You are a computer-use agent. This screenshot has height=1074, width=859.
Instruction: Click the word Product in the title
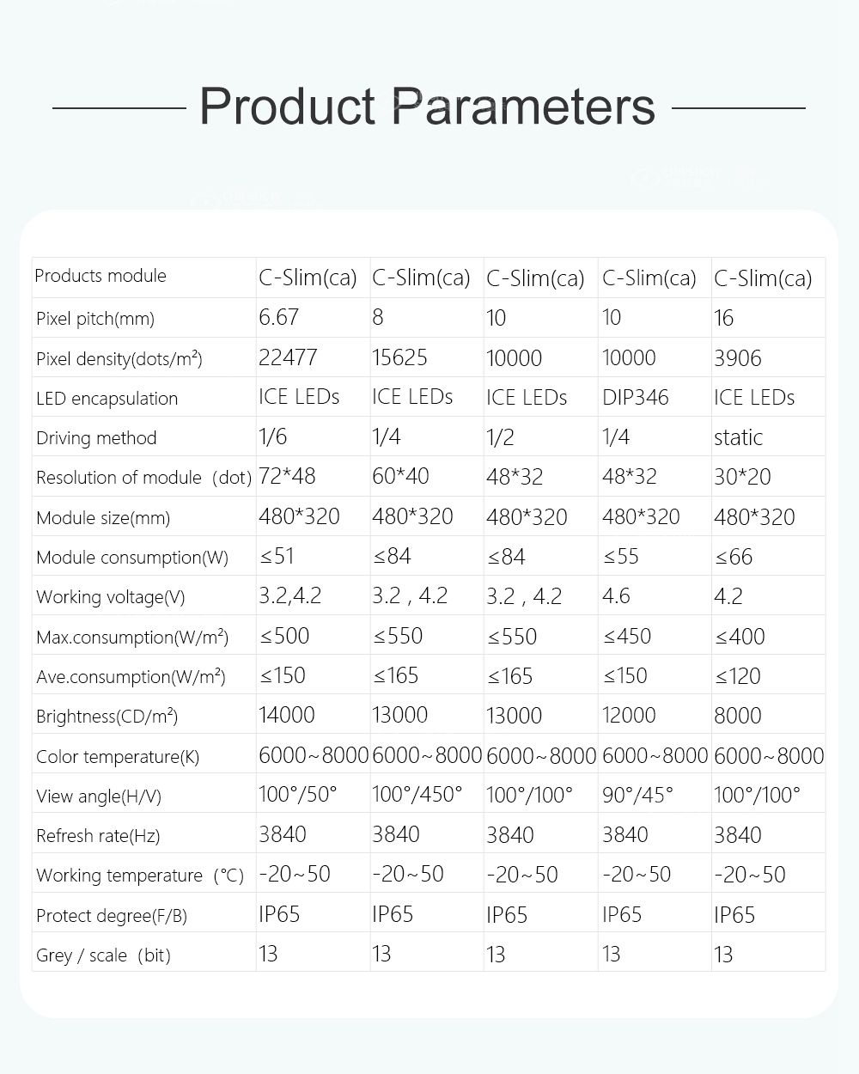(x=287, y=107)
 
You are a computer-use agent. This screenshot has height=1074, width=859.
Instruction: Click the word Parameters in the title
(x=524, y=107)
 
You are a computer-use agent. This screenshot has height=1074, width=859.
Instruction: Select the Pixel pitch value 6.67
(x=278, y=317)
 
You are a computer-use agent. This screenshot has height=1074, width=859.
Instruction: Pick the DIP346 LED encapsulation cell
(x=635, y=397)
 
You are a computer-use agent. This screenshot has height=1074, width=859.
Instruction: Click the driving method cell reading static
(x=738, y=437)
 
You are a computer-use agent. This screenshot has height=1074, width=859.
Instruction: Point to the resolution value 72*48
(x=288, y=476)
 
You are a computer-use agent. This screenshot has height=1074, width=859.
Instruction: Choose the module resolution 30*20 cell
(x=742, y=477)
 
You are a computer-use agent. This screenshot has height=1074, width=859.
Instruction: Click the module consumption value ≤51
(x=277, y=556)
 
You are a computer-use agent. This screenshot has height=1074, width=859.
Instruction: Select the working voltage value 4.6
(x=616, y=596)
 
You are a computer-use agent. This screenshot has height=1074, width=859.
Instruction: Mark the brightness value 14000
(x=287, y=715)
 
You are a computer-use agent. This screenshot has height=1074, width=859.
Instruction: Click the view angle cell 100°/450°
(x=417, y=795)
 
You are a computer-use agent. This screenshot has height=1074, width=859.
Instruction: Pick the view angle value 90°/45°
(x=637, y=795)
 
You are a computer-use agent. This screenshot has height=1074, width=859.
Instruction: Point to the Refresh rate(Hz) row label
(x=98, y=835)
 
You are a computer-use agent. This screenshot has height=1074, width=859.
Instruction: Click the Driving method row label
(x=96, y=438)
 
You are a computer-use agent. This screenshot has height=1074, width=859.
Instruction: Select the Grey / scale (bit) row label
(x=103, y=955)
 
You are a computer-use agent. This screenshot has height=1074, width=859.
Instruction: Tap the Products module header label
(x=101, y=276)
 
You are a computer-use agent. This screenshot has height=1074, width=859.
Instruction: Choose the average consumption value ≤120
(x=737, y=676)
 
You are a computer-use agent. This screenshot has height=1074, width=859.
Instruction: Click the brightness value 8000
(x=737, y=716)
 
